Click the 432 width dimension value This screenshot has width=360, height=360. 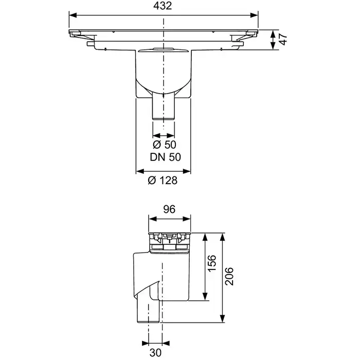[163, 6]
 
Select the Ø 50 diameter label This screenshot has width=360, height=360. [165, 145]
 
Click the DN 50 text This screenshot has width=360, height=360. [165, 157]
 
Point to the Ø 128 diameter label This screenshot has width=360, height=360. [163, 181]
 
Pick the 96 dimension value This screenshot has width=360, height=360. [169, 209]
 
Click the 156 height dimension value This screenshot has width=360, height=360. [212, 263]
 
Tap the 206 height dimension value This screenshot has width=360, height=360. [229, 277]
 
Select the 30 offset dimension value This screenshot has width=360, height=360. [155, 352]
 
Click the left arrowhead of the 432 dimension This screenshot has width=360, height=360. [73, 15]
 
